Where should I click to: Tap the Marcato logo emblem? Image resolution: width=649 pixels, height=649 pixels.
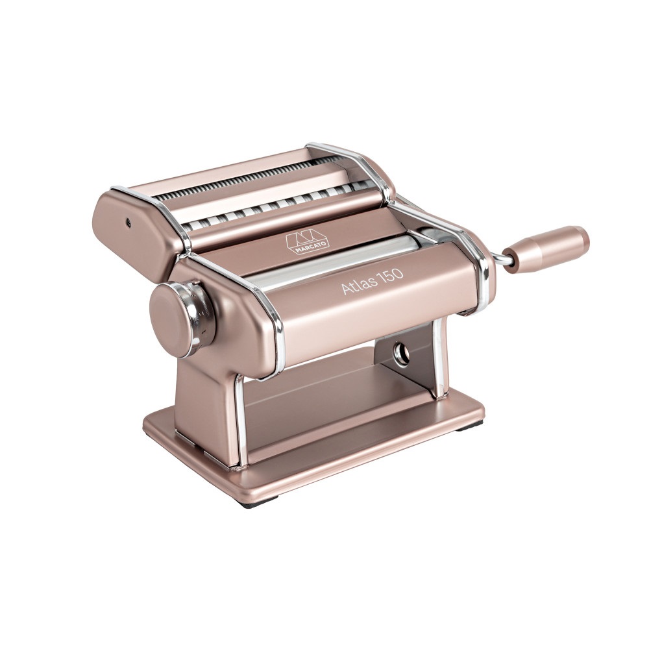307,238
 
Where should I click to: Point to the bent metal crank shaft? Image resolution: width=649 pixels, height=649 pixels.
499,260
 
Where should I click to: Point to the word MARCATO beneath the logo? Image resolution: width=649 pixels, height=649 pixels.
308,245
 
